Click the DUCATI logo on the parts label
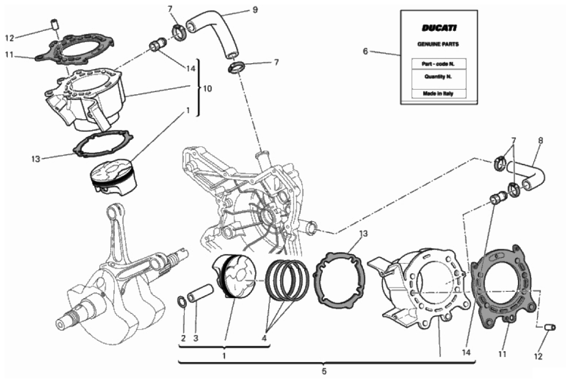(x=439, y=28)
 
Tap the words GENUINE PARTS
(x=438, y=44)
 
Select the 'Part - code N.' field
(x=438, y=64)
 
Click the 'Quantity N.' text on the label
(x=438, y=77)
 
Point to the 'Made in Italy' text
(x=438, y=94)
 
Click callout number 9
(x=255, y=10)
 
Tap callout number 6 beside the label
(x=365, y=51)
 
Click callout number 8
(x=540, y=140)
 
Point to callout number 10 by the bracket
(x=207, y=88)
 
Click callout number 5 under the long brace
(x=324, y=371)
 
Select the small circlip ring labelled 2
(x=183, y=302)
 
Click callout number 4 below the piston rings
(x=264, y=338)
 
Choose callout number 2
(x=183, y=338)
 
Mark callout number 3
(x=196, y=338)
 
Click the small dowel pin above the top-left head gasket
(x=54, y=24)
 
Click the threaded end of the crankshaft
(x=72, y=318)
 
